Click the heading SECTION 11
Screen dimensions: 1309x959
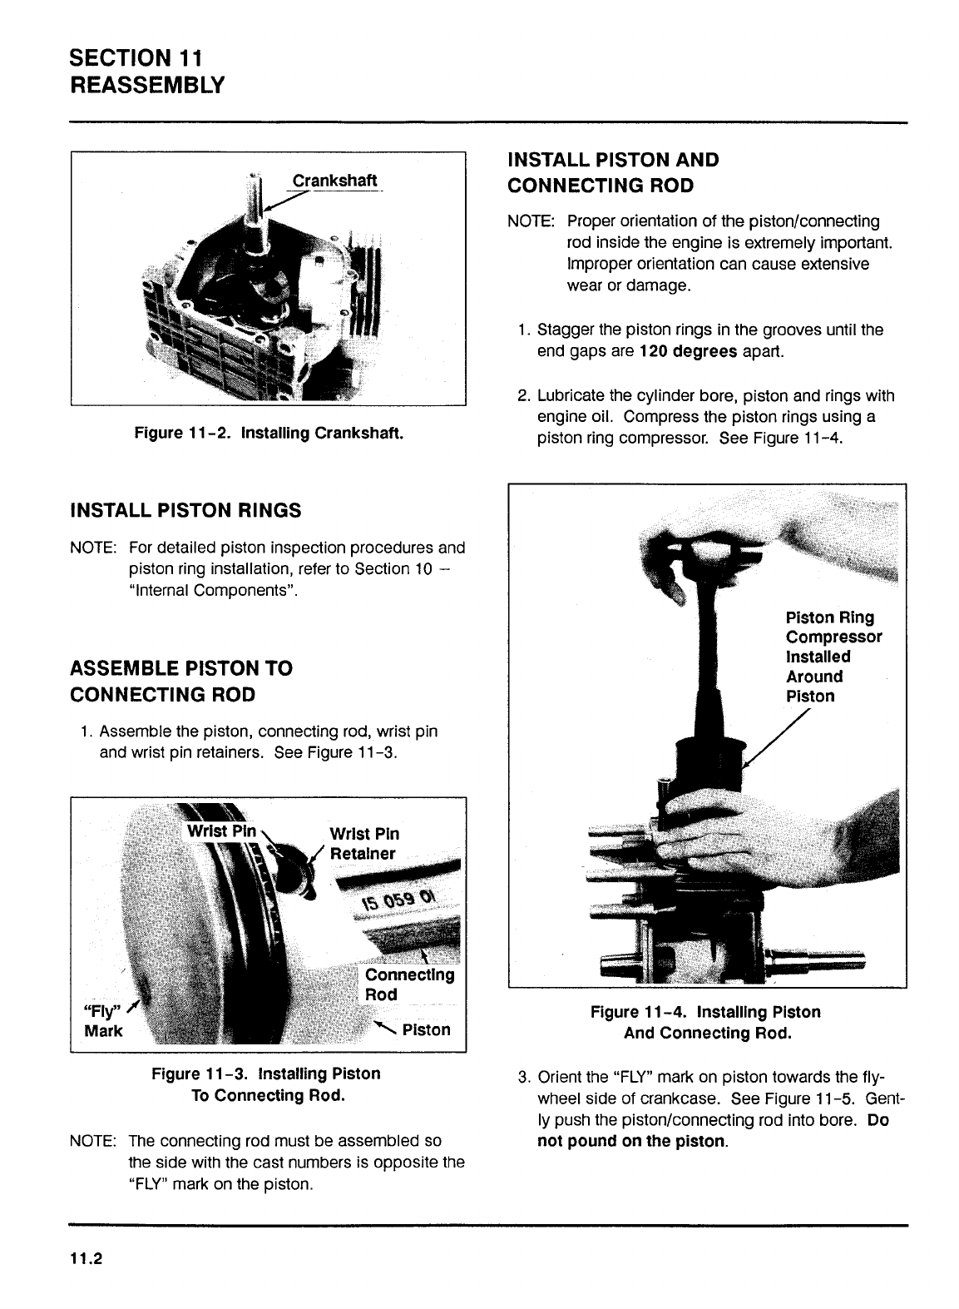point(136,58)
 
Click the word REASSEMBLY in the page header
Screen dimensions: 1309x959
point(148,86)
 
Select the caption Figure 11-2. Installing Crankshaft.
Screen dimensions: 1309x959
point(269,434)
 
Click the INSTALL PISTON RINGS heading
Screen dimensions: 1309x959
point(185,510)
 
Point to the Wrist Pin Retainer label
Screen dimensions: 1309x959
point(364,844)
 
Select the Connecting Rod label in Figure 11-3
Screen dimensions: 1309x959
point(409,984)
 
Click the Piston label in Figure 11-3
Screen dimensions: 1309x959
point(426,1030)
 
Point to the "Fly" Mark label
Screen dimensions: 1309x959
point(104,1021)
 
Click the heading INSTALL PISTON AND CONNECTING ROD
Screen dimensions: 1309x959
point(613,172)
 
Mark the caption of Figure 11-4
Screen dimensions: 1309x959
point(706,1023)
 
